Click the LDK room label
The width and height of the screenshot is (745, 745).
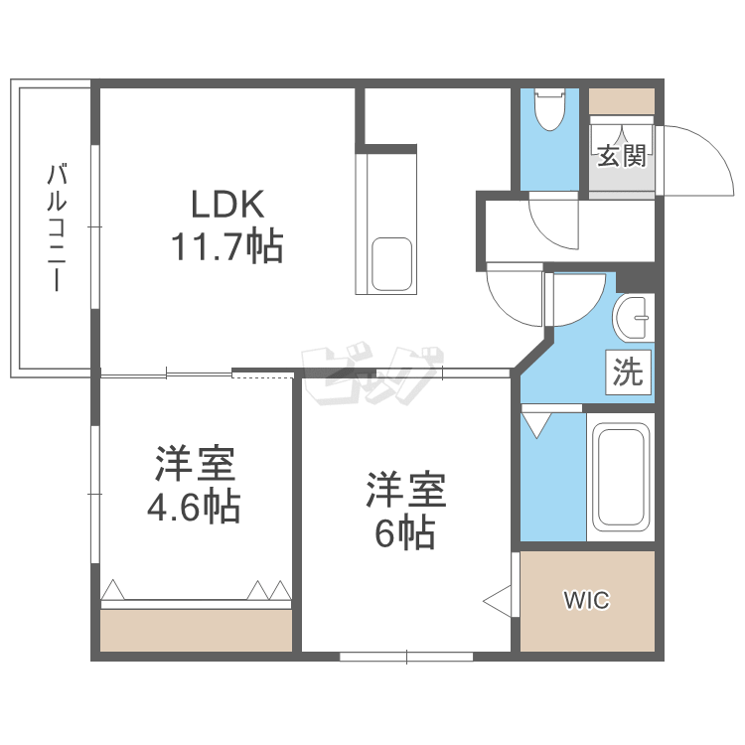pyautogui.click(x=227, y=205)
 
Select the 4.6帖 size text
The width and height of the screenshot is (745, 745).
pyautogui.click(x=194, y=508)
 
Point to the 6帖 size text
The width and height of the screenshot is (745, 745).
pyautogui.click(x=404, y=534)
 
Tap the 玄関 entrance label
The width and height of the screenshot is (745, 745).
pyautogui.click(x=622, y=156)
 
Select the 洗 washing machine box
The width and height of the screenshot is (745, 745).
pyautogui.click(x=627, y=372)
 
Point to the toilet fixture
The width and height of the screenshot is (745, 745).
pyautogui.click(x=549, y=109)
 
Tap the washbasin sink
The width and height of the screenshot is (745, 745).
pyautogui.click(x=632, y=318)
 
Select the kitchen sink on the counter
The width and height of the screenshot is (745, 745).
pyautogui.click(x=389, y=263)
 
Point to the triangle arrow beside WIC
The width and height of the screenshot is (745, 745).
pyautogui.click(x=498, y=600)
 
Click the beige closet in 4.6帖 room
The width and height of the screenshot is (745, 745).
pyautogui.click(x=196, y=629)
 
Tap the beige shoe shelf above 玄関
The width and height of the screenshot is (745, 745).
pyautogui.click(x=622, y=101)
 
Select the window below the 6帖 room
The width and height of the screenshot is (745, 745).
pyautogui.click(x=406, y=656)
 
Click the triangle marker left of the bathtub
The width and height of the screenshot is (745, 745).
pyautogui.click(x=538, y=424)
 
